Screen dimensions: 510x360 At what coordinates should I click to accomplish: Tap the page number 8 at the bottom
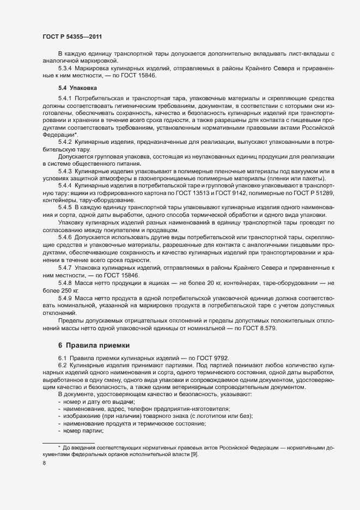44,463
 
